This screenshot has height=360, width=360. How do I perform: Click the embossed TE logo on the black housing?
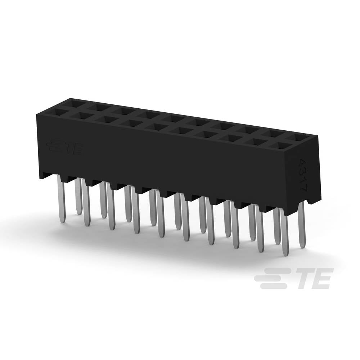pos(66,148)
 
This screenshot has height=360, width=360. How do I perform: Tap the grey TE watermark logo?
pos(292,278)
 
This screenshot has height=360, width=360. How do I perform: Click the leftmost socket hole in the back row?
pos(77,104)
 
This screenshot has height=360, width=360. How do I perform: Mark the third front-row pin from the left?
pos(111,209)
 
